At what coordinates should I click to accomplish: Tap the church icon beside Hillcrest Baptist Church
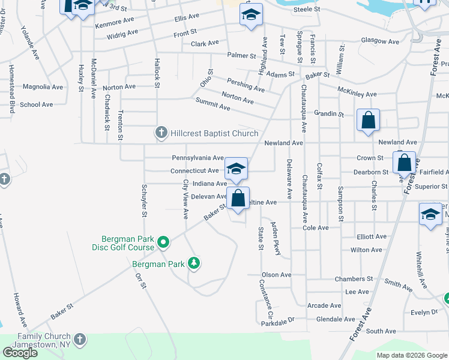coord(161,133)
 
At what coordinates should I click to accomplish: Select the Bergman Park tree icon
coord(193,263)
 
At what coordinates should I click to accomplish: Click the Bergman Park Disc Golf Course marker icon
coord(163,242)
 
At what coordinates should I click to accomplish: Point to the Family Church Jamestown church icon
coord(80,340)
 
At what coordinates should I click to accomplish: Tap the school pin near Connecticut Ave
coord(237,169)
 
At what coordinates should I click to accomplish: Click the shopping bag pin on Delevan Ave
coord(238,198)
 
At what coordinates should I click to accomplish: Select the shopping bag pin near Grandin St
coord(368,120)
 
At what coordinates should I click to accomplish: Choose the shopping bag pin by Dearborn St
coord(404,163)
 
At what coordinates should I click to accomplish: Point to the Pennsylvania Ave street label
coord(197,158)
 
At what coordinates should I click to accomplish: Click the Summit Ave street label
coord(213,107)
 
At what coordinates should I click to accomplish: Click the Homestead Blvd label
coord(11,89)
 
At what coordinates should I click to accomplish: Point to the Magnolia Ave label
coord(43,87)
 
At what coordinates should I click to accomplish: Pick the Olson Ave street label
coord(276,275)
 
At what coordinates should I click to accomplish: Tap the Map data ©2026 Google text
coord(412,355)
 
